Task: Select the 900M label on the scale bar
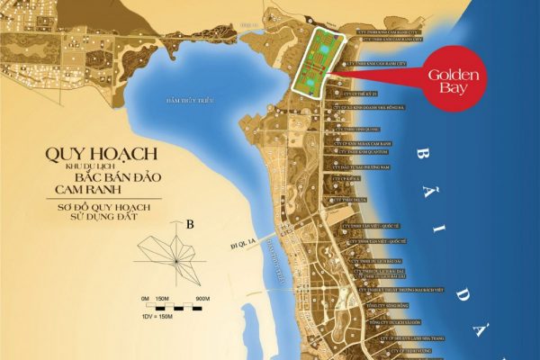(202, 298)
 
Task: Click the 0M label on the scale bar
(143, 298)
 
